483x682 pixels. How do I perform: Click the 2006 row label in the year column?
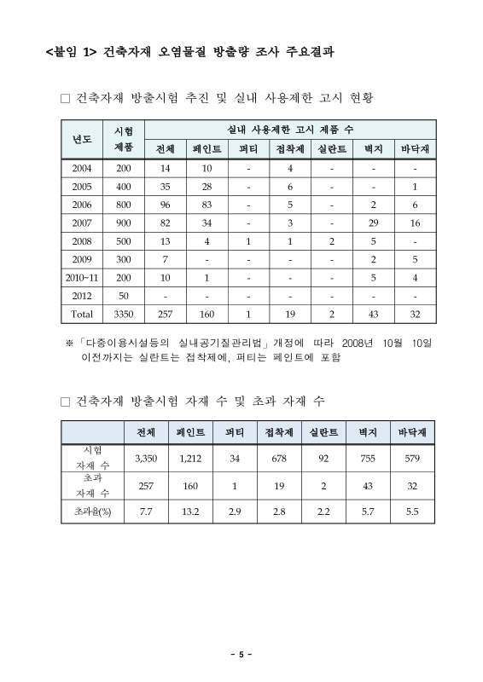pyautogui.click(x=82, y=205)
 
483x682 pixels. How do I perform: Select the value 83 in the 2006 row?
pyautogui.click(x=207, y=205)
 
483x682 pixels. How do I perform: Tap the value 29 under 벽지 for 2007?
pyautogui.click(x=373, y=223)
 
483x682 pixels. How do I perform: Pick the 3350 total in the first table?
pyautogui.click(x=124, y=314)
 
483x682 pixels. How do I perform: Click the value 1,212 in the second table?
pyautogui.click(x=190, y=459)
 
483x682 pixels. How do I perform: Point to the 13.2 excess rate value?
pyautogui.click(x=190, y=511)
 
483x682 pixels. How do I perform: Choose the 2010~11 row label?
pyautogui.click(x=82, y=278)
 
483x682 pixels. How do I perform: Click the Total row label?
pyautogui.click(x=82, y=314)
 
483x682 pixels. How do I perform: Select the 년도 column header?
pyautogui.click(x=82, y=140)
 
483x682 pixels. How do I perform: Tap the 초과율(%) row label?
pyautogui.click(x=93, y=511)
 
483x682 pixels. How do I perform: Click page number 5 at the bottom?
pyautogui.click(x=241, y=655)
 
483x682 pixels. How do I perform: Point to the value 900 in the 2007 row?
pyautogui.click(x=124, y=223)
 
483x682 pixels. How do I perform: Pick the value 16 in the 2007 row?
pyautogui.click(x=415, y=223)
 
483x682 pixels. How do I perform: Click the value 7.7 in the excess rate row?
pyautogui.click(x=145, y=511)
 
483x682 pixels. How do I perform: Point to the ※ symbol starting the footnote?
pyautogui.click(x=70, y=344)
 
